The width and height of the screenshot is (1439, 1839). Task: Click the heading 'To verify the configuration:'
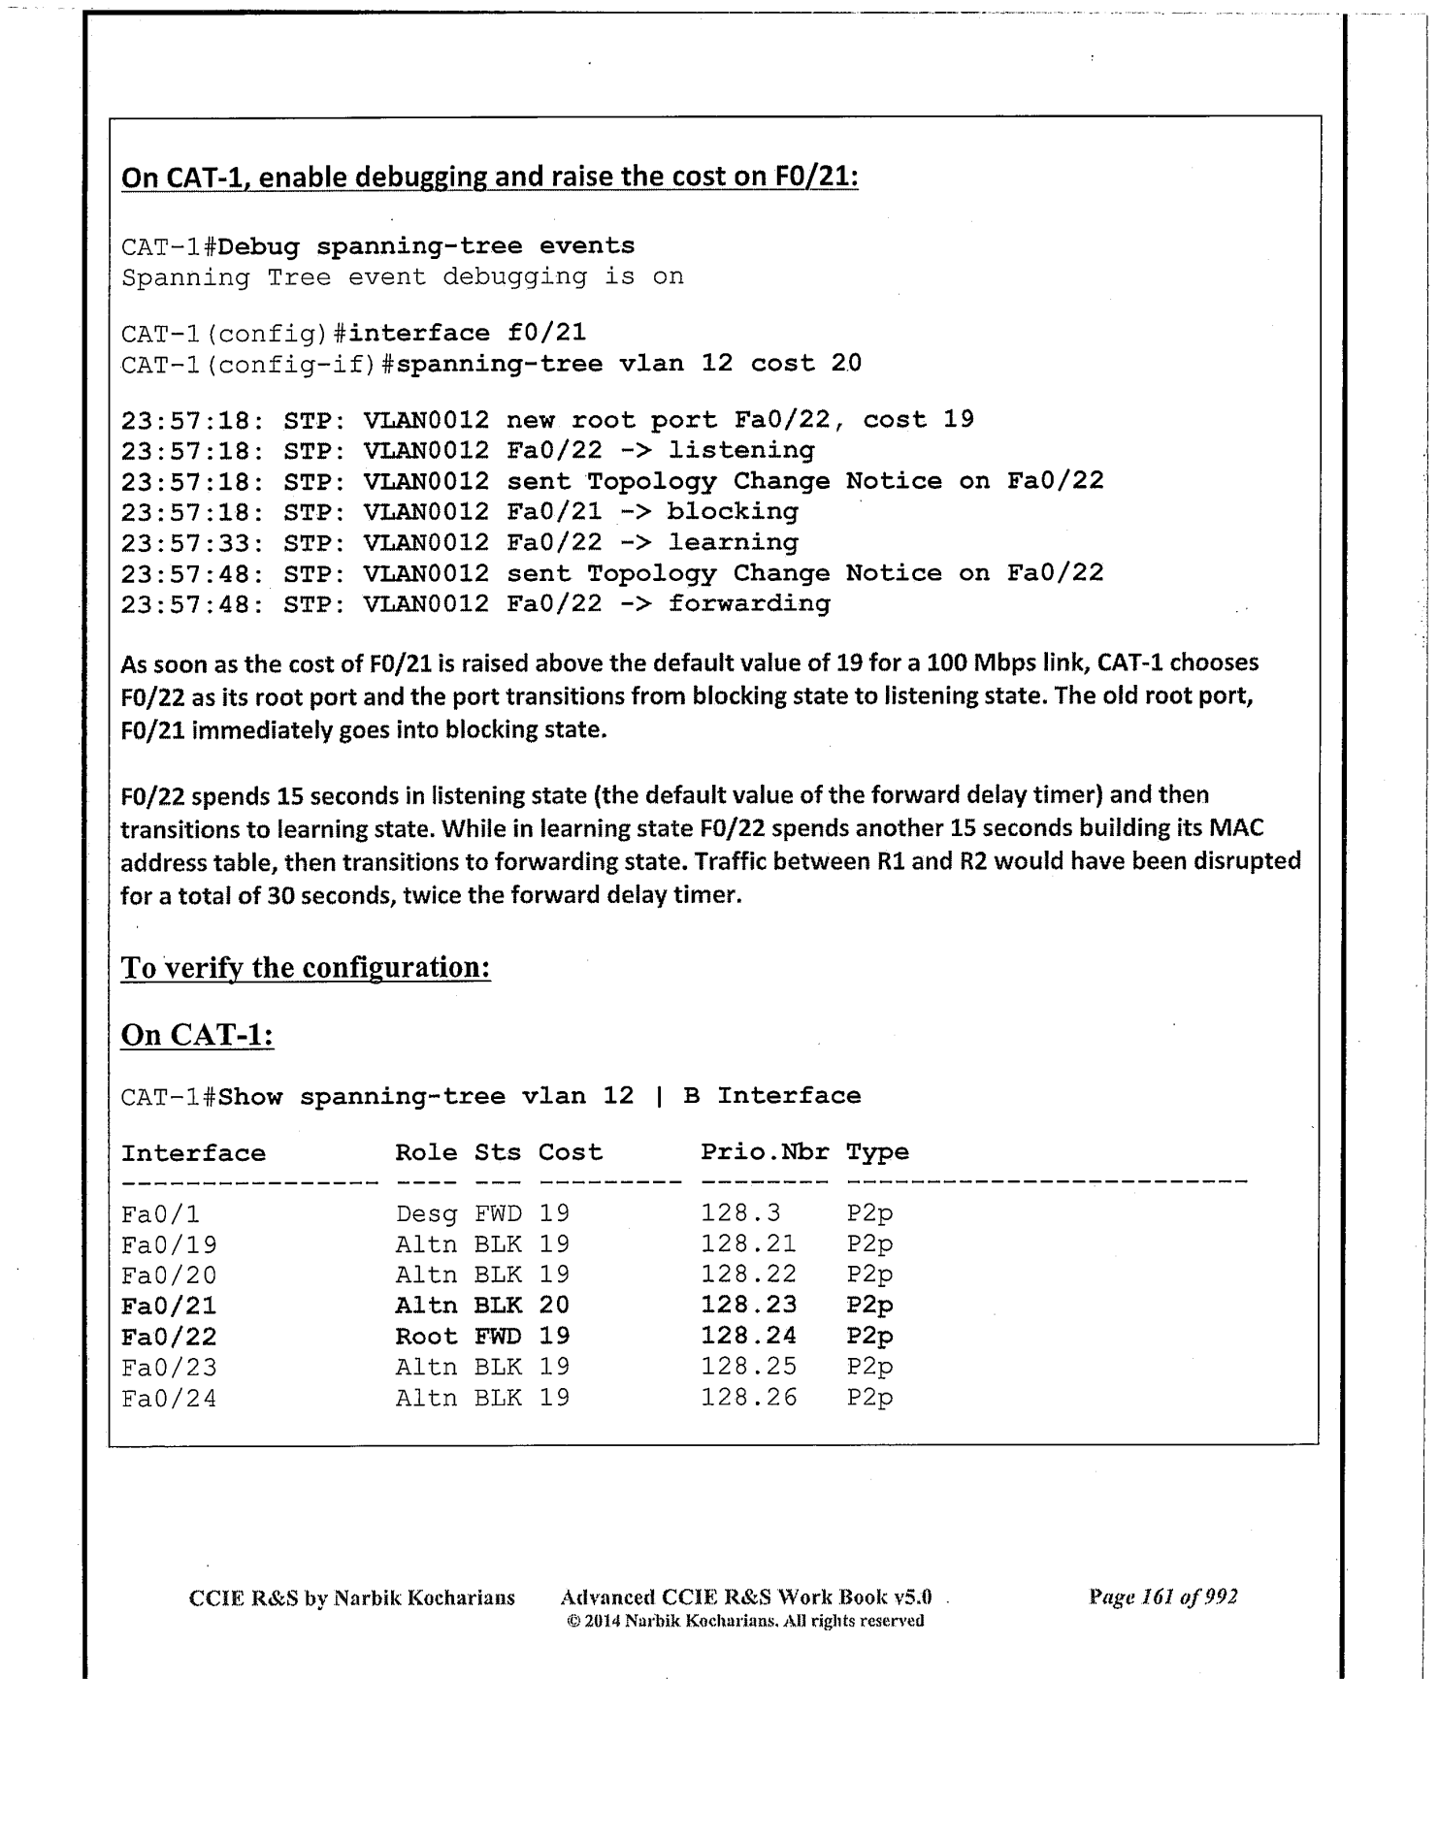coord(306,968)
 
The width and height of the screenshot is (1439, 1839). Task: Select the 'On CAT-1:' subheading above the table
coord(197,1035)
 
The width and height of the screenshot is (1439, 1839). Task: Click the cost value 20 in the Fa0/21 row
coord(554,1306)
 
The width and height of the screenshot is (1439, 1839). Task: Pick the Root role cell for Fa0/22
coord(426,1337)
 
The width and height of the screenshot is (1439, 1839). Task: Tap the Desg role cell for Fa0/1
coord(426,1213)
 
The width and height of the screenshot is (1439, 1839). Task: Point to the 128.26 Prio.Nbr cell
coord(749,1398)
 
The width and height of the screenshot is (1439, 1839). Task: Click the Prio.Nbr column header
coord(765,1152)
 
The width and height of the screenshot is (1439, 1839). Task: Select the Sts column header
coord(497,1152)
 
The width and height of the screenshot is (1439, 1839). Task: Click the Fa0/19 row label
coord(169,1244)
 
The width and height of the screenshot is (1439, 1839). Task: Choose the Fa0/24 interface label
coord(169,1398)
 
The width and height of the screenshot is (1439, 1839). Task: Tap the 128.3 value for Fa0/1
coord(740,1213)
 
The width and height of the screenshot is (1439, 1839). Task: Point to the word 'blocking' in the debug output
coord(733,511)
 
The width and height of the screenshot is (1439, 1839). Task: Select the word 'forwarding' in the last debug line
coord(749,603)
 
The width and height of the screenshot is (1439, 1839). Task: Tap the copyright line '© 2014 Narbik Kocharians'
coord(744,1622)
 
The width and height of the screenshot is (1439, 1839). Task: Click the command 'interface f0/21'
coord(467,334)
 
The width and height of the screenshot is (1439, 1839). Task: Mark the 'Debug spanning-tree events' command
coord(427,246)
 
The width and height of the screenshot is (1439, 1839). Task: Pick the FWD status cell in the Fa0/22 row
coord(497,1337)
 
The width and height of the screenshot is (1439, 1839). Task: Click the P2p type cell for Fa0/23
coord(869,1367)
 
